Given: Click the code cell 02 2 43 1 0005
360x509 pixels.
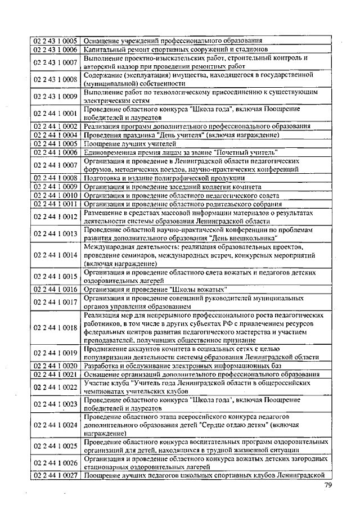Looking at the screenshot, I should point(55,40).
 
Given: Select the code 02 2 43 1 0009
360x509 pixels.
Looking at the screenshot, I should point(55,97).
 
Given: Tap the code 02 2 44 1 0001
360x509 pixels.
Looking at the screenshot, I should point(55,114).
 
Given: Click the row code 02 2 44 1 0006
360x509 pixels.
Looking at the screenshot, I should point(55,152).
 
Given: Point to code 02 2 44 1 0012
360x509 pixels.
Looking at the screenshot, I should point(55,217).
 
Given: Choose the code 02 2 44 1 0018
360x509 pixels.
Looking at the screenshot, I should point(55,327).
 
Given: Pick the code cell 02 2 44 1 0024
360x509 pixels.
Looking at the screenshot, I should point(55,425).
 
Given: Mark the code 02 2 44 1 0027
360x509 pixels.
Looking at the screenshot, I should point(55,476).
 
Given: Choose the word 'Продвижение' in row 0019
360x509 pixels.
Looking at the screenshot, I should point(107,348).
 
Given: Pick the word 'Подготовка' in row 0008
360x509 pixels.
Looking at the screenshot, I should point(102,178).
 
